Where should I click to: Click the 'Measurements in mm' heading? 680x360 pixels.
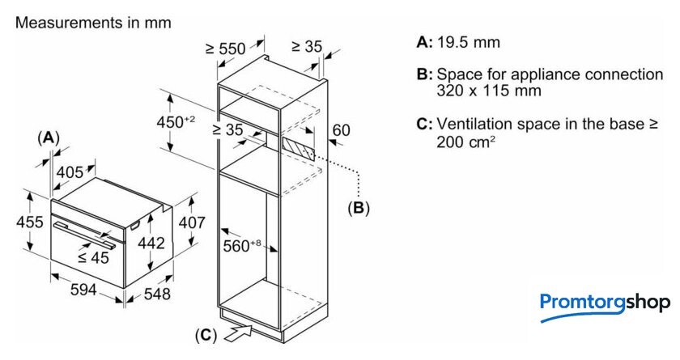coord(93,23)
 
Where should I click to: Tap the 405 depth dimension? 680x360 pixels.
coord(70,172)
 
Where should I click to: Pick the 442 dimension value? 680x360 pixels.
coord(151,243)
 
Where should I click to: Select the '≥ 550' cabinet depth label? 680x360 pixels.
coord(225,49)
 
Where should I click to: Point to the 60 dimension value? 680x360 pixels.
coord(341,129)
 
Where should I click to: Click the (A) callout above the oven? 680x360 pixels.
coord(49,138)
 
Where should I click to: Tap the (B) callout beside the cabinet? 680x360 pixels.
coord(358,208)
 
